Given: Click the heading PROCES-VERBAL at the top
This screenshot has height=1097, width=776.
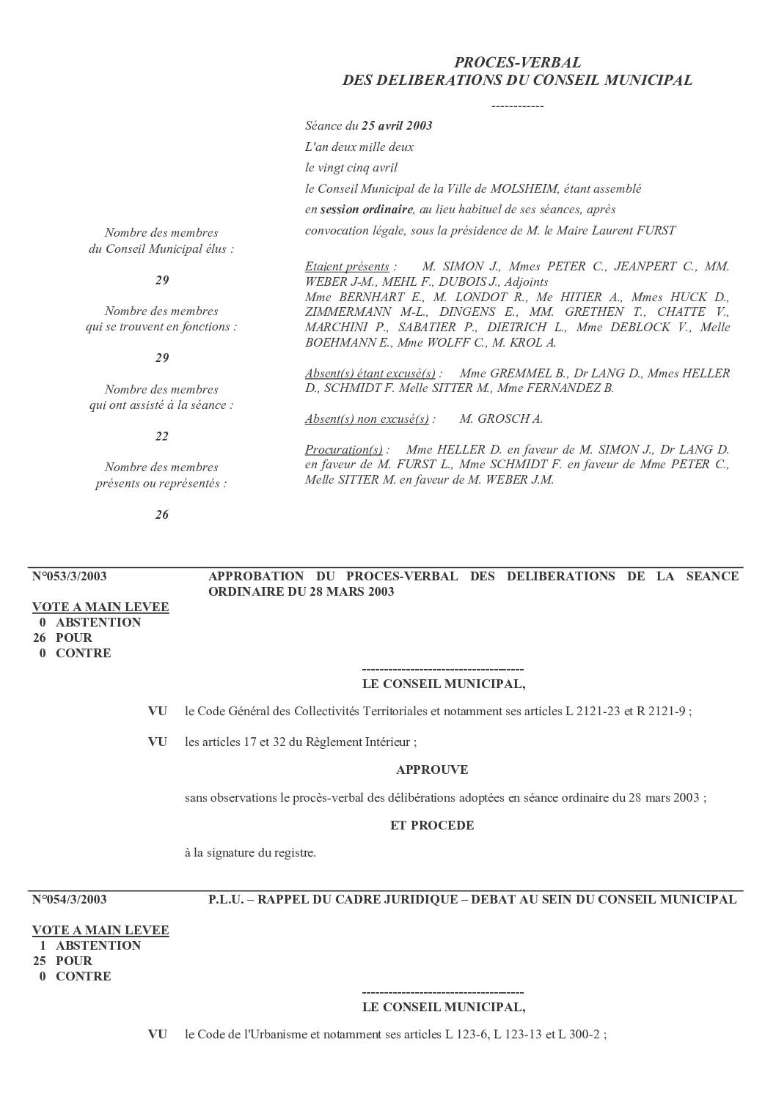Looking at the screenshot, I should pos(517,63).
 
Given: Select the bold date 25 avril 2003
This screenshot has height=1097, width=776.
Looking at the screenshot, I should pos(397,125).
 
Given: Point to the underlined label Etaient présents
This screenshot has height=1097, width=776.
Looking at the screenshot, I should pos(347,266).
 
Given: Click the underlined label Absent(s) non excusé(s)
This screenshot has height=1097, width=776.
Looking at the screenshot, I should pos(367,418).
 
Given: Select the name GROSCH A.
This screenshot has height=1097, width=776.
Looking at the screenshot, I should pos(501,418).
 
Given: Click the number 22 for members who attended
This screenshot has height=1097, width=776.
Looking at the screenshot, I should pos(162,436).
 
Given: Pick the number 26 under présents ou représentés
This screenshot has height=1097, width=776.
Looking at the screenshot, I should pos(162,514).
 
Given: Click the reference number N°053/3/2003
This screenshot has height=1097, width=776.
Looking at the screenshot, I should pos(70,576).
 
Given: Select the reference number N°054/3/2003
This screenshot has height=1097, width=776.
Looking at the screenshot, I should pos(70,899).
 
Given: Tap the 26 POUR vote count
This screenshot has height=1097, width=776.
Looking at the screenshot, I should pos(63,638).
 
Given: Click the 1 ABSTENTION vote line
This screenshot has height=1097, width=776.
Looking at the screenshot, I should pos(90,945).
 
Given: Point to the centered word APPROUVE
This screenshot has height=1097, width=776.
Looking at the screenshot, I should pos(432,769).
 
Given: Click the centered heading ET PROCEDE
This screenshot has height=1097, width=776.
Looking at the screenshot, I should pos(432,825).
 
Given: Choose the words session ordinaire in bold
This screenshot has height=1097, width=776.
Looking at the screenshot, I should pos(367,210).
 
